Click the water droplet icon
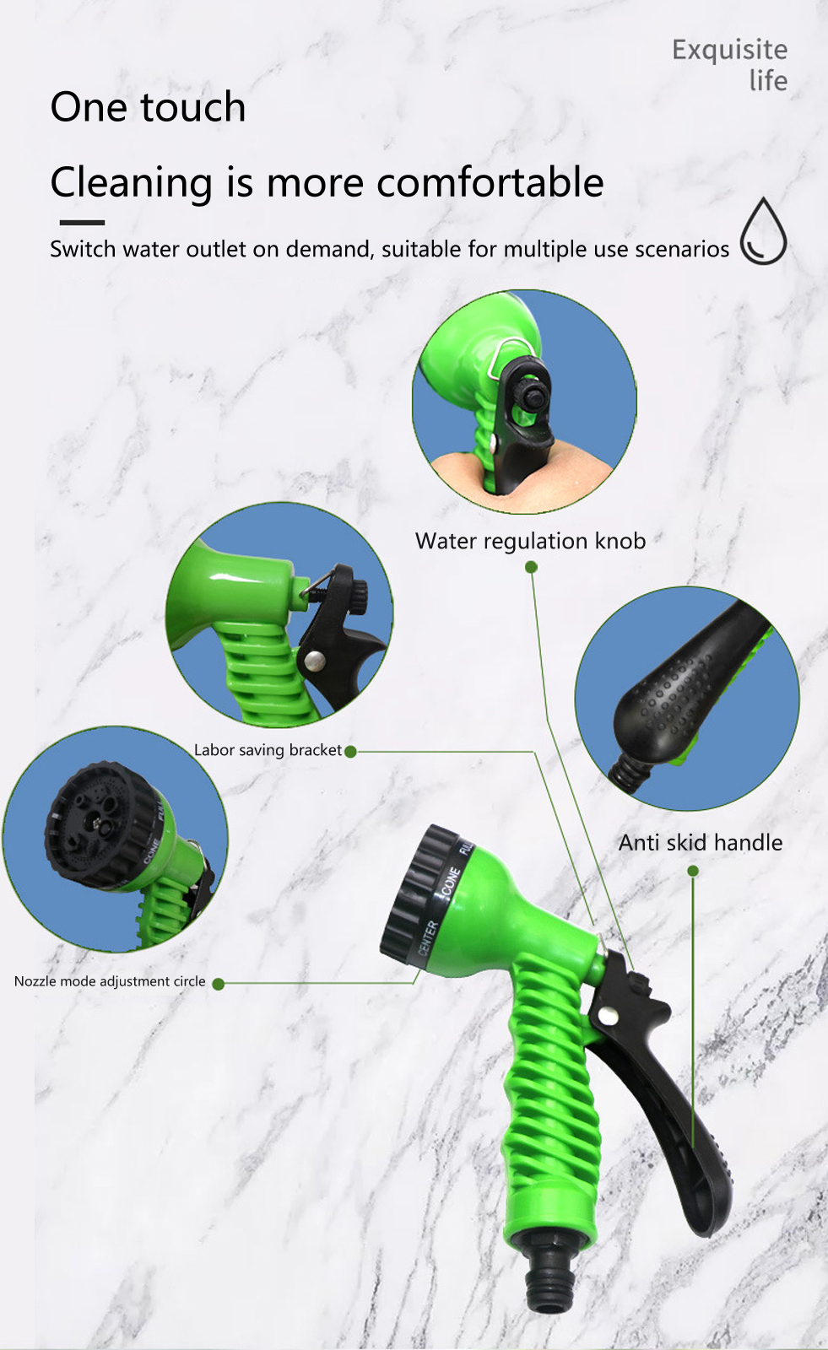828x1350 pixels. pos(763,231)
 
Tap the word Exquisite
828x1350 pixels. pos(730,50)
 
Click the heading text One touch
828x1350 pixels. pos(148,106)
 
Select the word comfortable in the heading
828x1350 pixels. pos(490,181)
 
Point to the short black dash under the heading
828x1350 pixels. pos(82,223)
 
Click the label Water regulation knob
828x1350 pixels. pos(530,541)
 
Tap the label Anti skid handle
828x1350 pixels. pos(701,842)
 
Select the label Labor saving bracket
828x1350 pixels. pos(268,750)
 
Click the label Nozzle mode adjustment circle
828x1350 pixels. pos(110,981)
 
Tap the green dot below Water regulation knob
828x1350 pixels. pos(531,567)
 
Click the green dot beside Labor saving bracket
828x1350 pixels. pos(350,752)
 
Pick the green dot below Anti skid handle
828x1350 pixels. pos(693,871)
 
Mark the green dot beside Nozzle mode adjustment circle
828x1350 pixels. pos(219,984)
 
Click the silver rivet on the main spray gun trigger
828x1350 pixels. pos(607,1016)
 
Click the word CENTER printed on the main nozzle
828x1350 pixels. pos(427,937)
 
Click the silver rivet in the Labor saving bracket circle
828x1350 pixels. pos(314,661)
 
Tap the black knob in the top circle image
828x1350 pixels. pos(532,397)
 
